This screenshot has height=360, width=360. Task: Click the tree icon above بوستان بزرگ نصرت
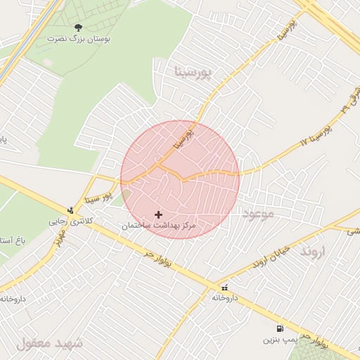(78, 27)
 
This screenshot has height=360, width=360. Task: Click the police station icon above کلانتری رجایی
(70, 210)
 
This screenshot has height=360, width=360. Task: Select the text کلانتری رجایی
(70, 221)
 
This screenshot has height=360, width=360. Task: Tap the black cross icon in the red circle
(158, 214)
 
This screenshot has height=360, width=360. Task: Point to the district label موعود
(257, 213)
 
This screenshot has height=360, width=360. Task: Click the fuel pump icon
(280, 328)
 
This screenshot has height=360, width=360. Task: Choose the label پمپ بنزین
(277, 340)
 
